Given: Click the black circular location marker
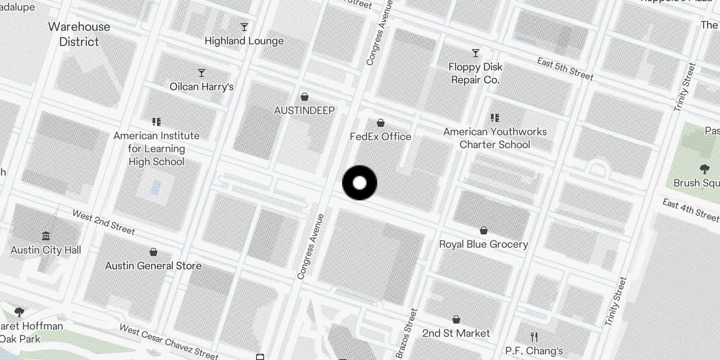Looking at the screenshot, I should [360, 183].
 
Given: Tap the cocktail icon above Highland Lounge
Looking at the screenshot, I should [244, 27].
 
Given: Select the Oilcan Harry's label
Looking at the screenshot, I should [202, 86].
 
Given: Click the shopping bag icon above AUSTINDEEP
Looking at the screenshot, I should [305, 97].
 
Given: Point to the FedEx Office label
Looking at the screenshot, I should [381, 136].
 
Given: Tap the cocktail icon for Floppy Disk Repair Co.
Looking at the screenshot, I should [476, 53].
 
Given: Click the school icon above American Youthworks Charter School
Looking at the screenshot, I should [495, 118].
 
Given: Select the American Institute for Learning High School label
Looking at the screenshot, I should [156, 148].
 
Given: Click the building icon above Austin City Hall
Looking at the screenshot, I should [46, 236].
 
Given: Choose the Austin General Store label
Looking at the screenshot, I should [153, 266].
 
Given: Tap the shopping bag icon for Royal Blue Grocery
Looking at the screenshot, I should [484, 230].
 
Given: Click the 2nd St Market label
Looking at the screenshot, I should [456, 333].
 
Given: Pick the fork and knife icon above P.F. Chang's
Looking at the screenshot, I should [534, 337].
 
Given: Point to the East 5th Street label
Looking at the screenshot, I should [565, 69].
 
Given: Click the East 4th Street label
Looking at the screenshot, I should [690, 210].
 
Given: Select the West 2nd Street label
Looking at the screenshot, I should [103, 222].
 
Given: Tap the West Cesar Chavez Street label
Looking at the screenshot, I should [169, 342].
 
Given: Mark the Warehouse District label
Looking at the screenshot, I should [79, 34].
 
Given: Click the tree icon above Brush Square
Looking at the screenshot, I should [705, 169].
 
